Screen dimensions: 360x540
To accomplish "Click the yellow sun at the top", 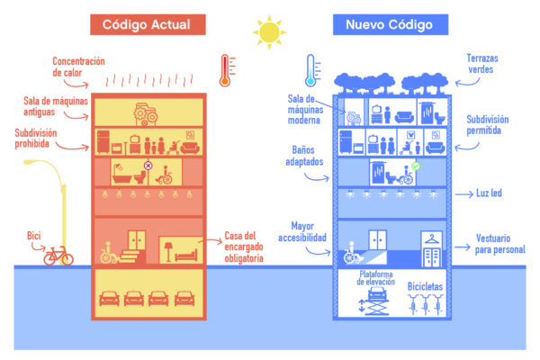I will coord(269,31).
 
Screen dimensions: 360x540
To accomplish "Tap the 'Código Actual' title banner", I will coord(159,23).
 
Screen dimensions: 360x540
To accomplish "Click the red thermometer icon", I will coord(224,69).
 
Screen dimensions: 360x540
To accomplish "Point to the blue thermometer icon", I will coord(310,69).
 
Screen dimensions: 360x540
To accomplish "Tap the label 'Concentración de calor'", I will coord(79,67).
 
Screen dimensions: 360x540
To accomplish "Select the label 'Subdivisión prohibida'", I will coord(41,139).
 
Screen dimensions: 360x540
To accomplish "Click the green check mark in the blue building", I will coord(416,166).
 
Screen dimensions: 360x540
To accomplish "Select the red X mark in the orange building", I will coord(148,166).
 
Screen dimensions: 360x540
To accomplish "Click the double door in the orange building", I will coord(137,240).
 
